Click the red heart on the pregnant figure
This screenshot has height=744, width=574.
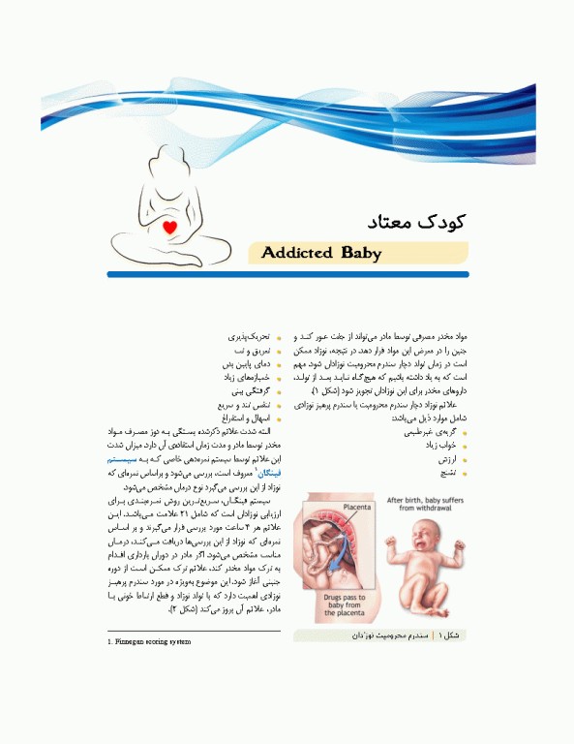pos(169,228)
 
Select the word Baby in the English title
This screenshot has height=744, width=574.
pos(360,254)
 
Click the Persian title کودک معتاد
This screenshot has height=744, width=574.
pos(418,221)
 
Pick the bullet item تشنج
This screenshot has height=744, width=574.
pos(446,474)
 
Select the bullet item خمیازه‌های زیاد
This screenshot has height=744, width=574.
pos(244,378)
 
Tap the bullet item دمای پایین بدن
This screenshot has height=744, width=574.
pos(247,364)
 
